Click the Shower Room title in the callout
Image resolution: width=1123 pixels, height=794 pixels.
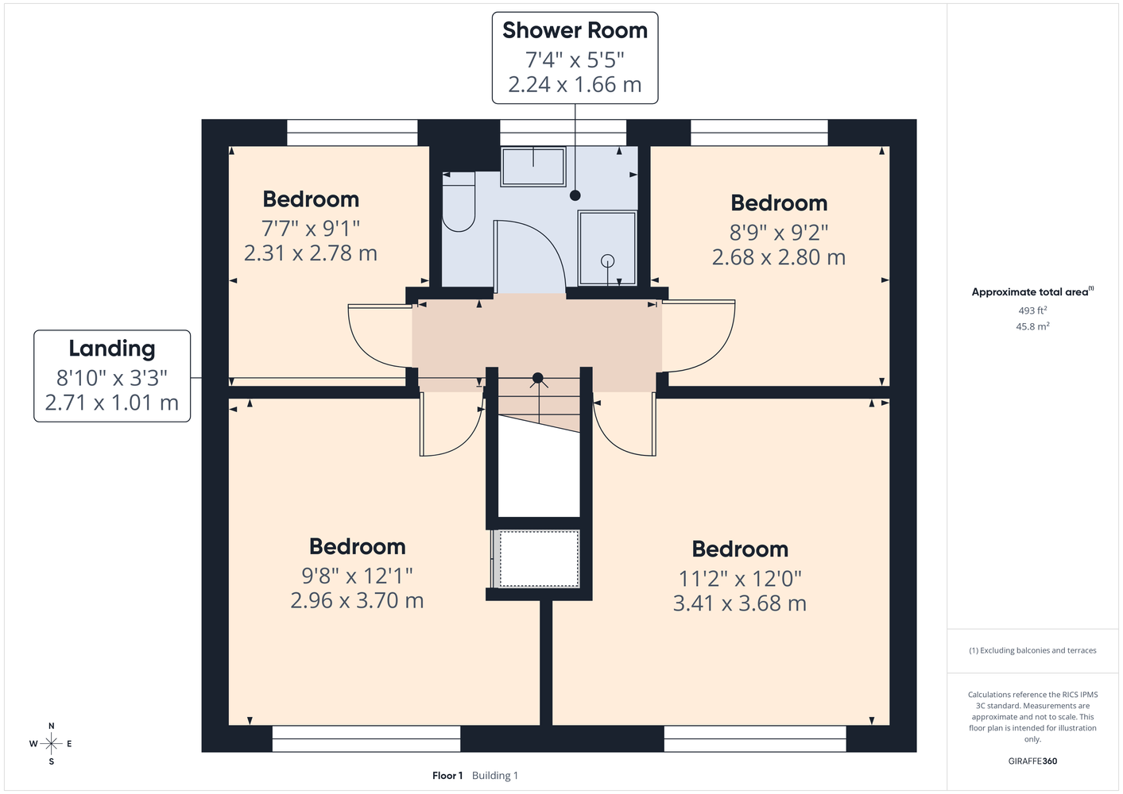[575, 30]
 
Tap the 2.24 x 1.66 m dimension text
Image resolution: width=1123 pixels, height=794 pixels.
[575, 84]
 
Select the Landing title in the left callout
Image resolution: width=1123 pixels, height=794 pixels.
[112, 349]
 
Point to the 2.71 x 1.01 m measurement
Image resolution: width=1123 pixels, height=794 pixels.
[112, 403]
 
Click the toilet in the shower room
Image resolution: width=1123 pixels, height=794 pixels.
[459, 202]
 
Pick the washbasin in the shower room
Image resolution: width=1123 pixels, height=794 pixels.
[533, 166]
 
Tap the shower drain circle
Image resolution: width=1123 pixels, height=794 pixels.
[608, 260]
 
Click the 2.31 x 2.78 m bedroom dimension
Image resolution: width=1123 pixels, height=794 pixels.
[310, 253]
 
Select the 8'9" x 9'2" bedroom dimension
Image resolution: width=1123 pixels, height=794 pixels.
[779, 233]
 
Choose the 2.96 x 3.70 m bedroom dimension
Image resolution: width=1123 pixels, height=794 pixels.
[357, 600]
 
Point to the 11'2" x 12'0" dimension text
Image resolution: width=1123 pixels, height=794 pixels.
[740, 579]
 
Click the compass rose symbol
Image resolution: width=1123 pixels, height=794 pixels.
[51, 743]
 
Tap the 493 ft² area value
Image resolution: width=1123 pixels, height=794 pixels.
[1032, 310]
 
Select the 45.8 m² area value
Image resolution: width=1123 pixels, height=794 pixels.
[1032, 326]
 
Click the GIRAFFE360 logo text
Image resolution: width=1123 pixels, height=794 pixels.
[1032, 761]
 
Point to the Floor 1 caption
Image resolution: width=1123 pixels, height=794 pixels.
[447, 776]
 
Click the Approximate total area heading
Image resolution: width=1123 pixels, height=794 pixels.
[1032, 291]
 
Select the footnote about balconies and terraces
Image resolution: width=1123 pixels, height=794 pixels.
[1032, 650]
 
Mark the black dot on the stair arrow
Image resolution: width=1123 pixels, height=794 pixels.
[537, 378]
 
